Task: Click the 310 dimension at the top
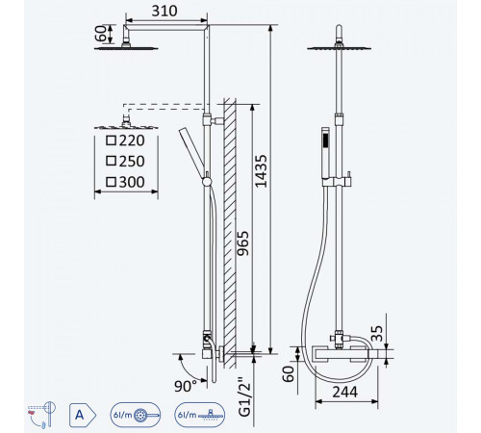[x=165, y=11]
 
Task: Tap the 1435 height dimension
[x=261, y=171]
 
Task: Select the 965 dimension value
[x=242, y=242]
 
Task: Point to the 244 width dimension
[x=344, y=392]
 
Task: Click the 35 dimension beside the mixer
[x=377, y=333]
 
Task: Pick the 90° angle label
[x=186, y=386]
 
